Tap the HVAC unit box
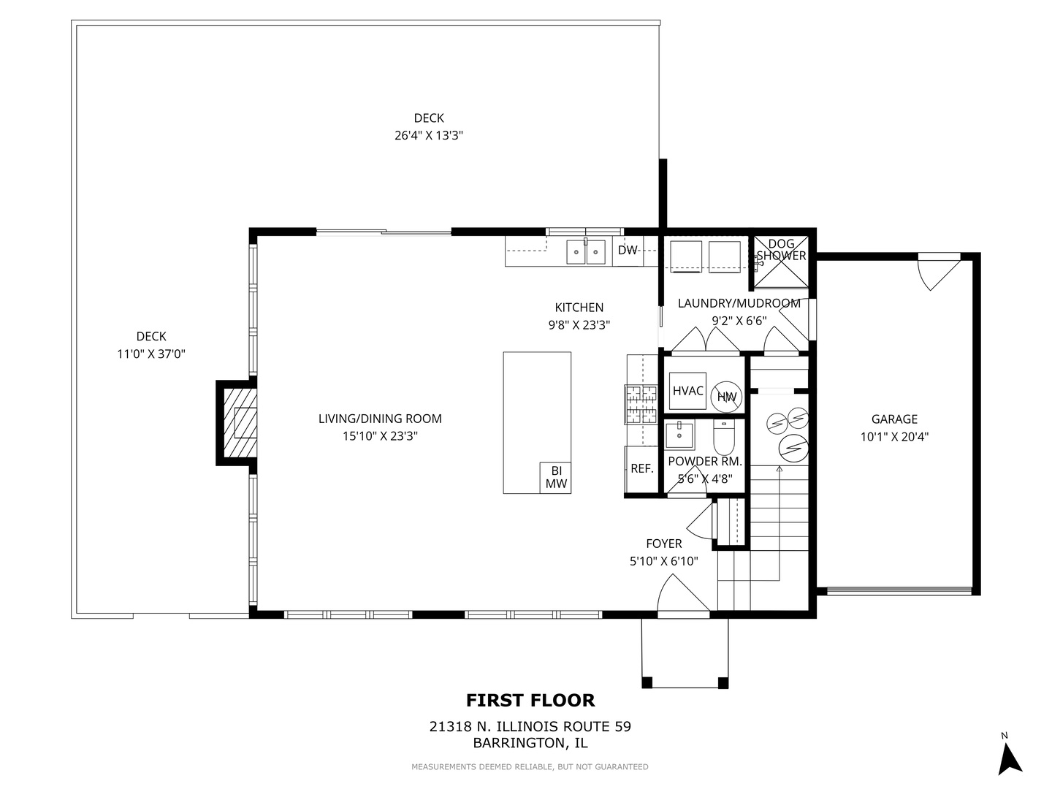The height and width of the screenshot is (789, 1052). [687, 392]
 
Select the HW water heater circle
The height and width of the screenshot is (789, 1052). [727, 397]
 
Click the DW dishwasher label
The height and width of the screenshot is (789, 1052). [628, 251]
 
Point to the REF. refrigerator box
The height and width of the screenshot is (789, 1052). [641, 469]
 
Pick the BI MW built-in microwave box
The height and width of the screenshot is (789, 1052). [555, 477]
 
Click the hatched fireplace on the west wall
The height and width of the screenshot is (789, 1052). [240, 422]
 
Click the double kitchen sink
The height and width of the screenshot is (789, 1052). [586, 251]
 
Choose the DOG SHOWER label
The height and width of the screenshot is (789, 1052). [781, 250]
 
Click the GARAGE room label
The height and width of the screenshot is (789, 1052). [893, 419]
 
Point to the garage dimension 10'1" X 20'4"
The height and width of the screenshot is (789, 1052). [893, 438]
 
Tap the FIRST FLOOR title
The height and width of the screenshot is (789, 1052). [530, 701]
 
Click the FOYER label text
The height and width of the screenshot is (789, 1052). [663, 544]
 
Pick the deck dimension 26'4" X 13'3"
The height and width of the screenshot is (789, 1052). [429, 136]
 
